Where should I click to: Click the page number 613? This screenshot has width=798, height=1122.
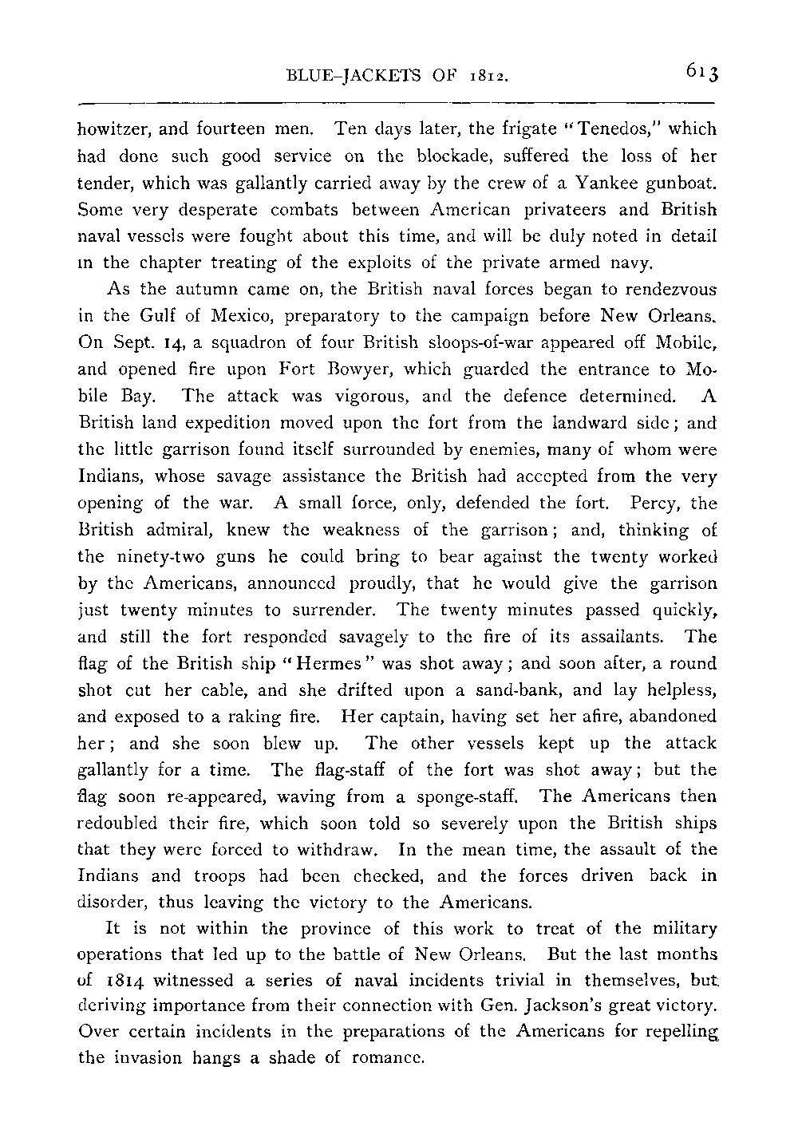click(701, 73)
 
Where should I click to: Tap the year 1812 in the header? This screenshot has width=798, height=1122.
click(489, 78)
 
